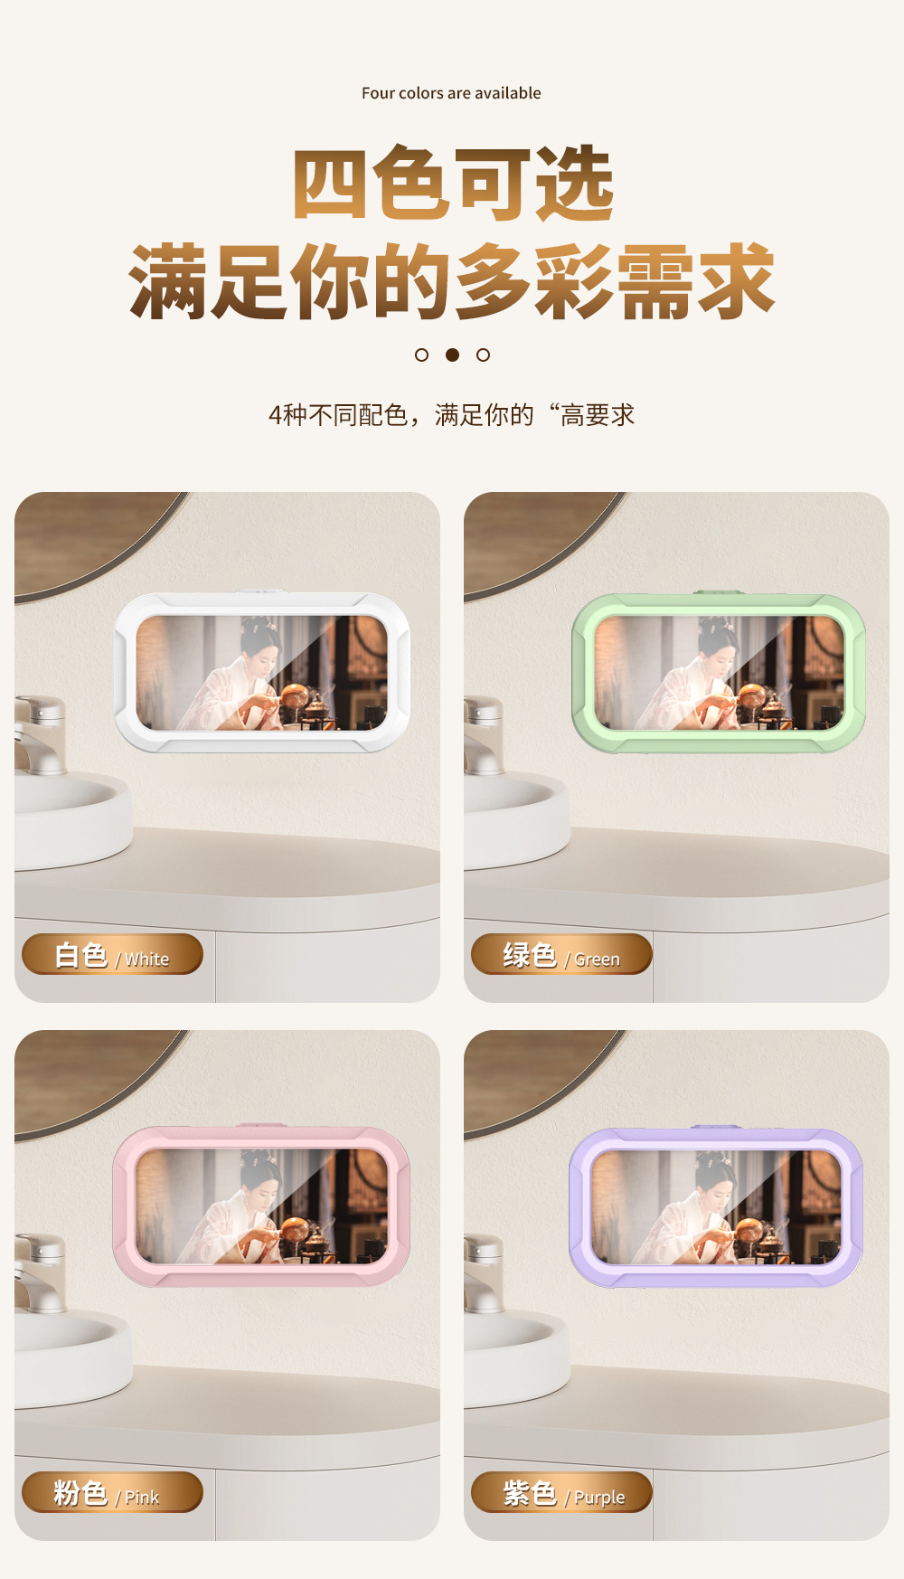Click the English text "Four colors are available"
451,93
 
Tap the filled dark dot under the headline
452,355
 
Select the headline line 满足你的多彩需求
452,281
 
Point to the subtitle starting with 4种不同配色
452,415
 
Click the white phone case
261,672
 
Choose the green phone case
719,672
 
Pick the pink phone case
261,1206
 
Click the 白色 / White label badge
112,954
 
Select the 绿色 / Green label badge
561,954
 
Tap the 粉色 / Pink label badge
112,1492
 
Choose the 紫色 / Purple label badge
561,1492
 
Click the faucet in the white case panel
40,735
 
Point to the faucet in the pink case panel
40,1273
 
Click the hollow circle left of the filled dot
421,355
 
